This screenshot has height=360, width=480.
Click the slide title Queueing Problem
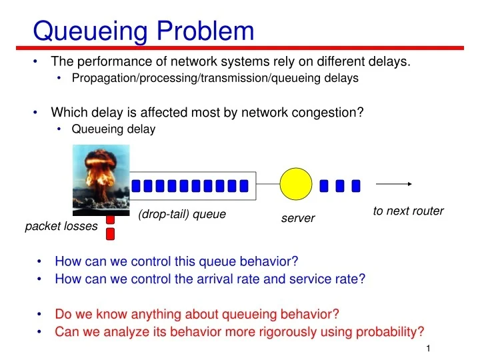(143, 31)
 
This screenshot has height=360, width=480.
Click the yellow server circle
(295, 185)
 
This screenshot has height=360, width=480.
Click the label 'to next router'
(408, 211)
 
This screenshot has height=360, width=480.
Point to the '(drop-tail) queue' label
(182, 214)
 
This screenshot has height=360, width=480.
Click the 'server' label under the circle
(298, 218)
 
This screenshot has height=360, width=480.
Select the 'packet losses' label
(61, 227)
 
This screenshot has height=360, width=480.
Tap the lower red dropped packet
(111, 233)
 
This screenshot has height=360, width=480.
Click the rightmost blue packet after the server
(356, 185)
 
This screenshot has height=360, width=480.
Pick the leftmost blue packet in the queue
(136, 185)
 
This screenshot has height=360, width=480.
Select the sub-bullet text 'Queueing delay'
(113, 129)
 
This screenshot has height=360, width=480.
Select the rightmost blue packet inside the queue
(243, 185)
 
